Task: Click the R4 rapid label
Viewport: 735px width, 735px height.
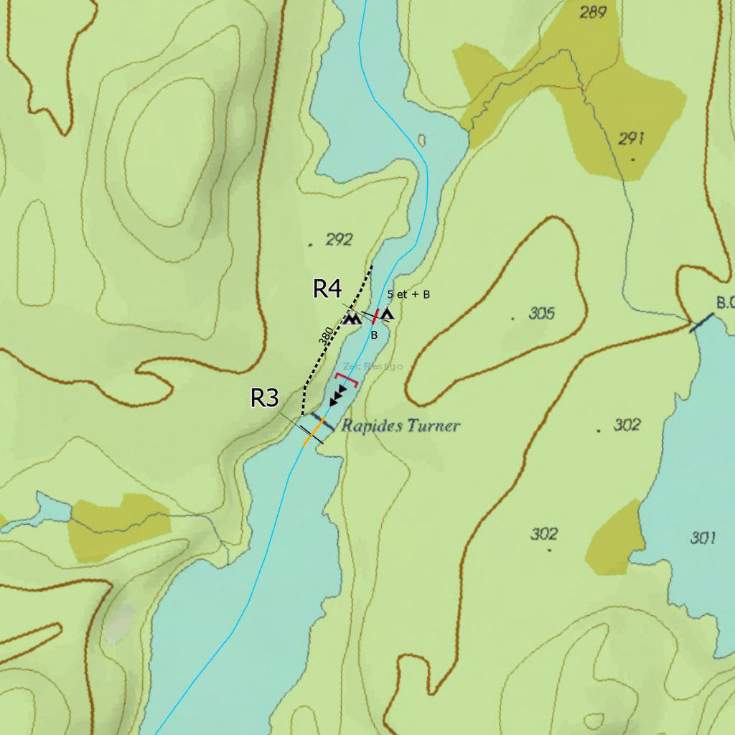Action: (327, 289)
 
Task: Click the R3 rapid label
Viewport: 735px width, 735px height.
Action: (264, 398)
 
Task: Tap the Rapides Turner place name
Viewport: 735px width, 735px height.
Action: (400, 426)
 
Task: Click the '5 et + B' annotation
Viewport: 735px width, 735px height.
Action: (408, 294)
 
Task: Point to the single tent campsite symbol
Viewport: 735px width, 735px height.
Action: (388, 314)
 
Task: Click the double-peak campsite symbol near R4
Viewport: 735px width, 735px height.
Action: (351, 318)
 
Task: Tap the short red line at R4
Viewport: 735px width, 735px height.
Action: (375, 316)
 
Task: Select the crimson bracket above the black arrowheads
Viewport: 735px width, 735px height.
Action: (346, 378)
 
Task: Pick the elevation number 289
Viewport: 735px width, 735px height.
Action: (593, 11)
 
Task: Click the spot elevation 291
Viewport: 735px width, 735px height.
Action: (631, 139)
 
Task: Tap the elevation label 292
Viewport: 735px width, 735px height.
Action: (339, 240)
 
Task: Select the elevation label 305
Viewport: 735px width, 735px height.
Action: (542, 313)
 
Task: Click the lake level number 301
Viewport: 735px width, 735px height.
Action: (703, 538)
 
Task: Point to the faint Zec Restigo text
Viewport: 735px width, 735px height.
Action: (373, 366)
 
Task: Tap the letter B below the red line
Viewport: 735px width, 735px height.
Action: (374, 334)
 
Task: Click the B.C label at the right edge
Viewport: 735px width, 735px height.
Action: (724, 302)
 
